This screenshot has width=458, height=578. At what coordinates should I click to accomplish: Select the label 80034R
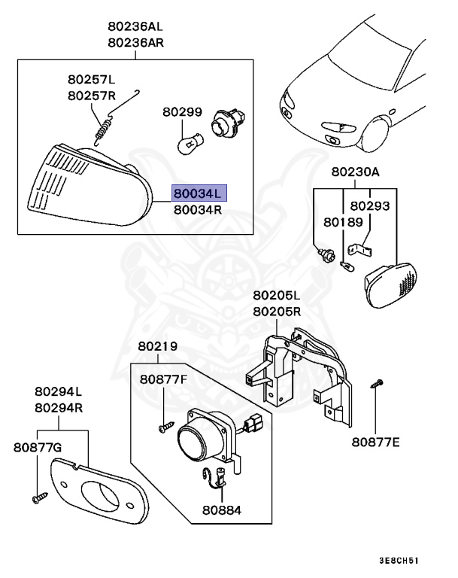coord(198,210)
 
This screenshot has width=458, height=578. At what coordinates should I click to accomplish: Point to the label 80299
coord(182,112)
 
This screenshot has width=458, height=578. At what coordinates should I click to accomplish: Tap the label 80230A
coord(355,172)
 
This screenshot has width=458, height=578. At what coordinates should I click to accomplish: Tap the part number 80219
coord(157,347)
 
